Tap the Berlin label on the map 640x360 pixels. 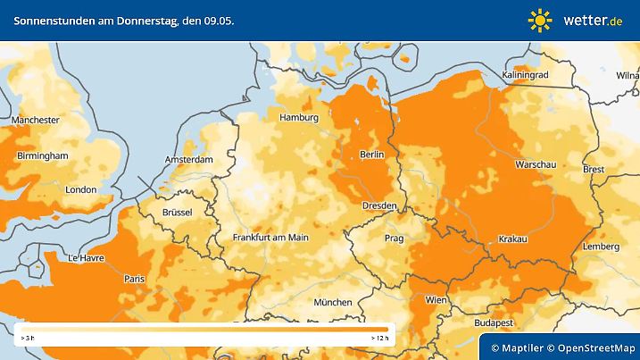pos(370,155)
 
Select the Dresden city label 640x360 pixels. pos(378,206)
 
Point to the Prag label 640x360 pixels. pos(395,239)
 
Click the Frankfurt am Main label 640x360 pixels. pos(270,238)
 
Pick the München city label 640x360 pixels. pos(332,302)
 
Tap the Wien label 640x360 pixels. pos(436,299)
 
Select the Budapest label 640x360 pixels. pos(492,322)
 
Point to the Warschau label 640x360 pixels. pos(536,165)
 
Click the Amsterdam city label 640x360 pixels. pos(188,160)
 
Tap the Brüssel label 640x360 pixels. pos(178,212)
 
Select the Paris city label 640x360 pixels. pos(134,279)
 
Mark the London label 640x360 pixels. pos(80,189)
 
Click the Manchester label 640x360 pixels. pos(35,120)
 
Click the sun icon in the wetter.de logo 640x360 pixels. pos(540,20)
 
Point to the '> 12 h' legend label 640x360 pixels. pos(379,339)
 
